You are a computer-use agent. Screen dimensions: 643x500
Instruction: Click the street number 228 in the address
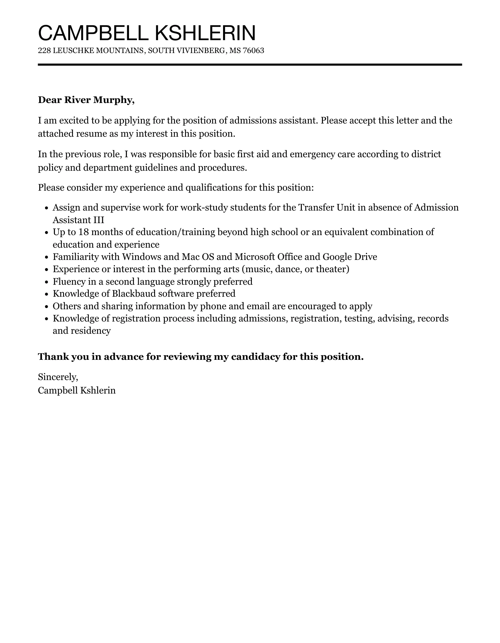pyautogui.click(x=44, y=51)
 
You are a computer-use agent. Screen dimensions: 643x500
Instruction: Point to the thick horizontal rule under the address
pyautogui.click(x=250, y=65)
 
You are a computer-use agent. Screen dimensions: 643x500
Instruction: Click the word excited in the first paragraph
pyautogui.click(x=74, y=120)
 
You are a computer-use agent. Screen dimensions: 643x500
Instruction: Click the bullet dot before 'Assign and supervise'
pyautogui.click(x=47, y=208)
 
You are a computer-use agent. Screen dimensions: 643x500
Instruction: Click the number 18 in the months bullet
pyautogui.click(x=84, y=232)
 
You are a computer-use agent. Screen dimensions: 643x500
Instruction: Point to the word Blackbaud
pyautogui.click(x=134, y=294)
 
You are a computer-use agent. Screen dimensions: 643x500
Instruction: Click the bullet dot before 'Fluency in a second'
pyautogui.click(x=47, y=282)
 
